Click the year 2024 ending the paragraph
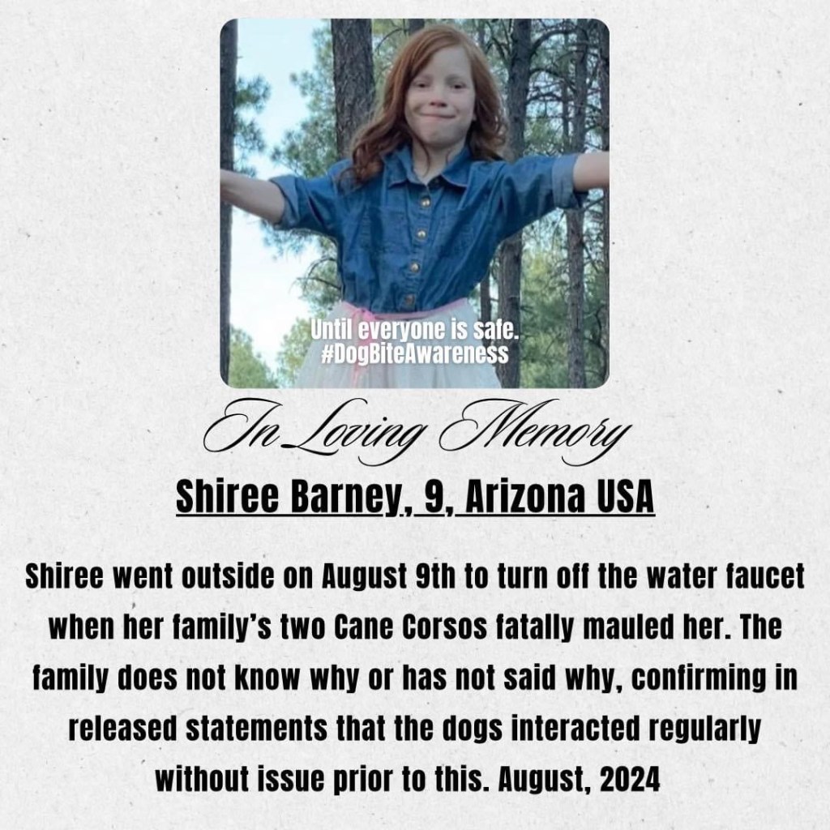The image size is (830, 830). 632,779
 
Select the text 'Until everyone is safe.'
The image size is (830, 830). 414,333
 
